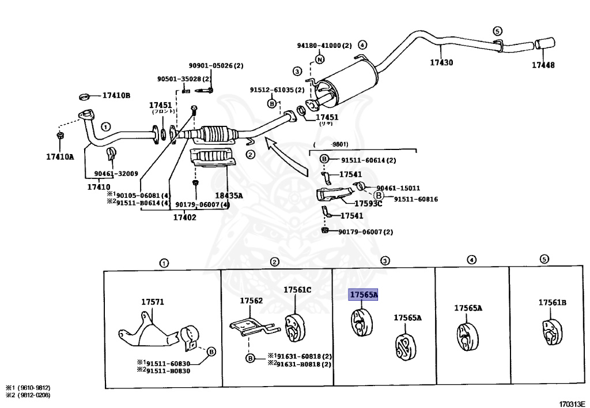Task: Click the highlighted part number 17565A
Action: [x=364, y=295]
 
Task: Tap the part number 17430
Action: [x=441, y=62]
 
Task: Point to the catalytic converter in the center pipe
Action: [x=215, y=134]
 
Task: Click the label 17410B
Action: [x=116, y=95]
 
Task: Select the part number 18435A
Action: [x=229, y=196]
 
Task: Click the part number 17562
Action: [x=251, y=301]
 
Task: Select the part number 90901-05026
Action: [x=216, y=66]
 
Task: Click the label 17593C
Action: [x=368, y=203]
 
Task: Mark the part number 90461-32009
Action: [x=116, y=173]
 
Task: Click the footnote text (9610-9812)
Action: [x=29, y=387]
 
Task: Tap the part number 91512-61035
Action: [x=277, y=89]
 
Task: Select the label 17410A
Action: [x=60, y=156]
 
